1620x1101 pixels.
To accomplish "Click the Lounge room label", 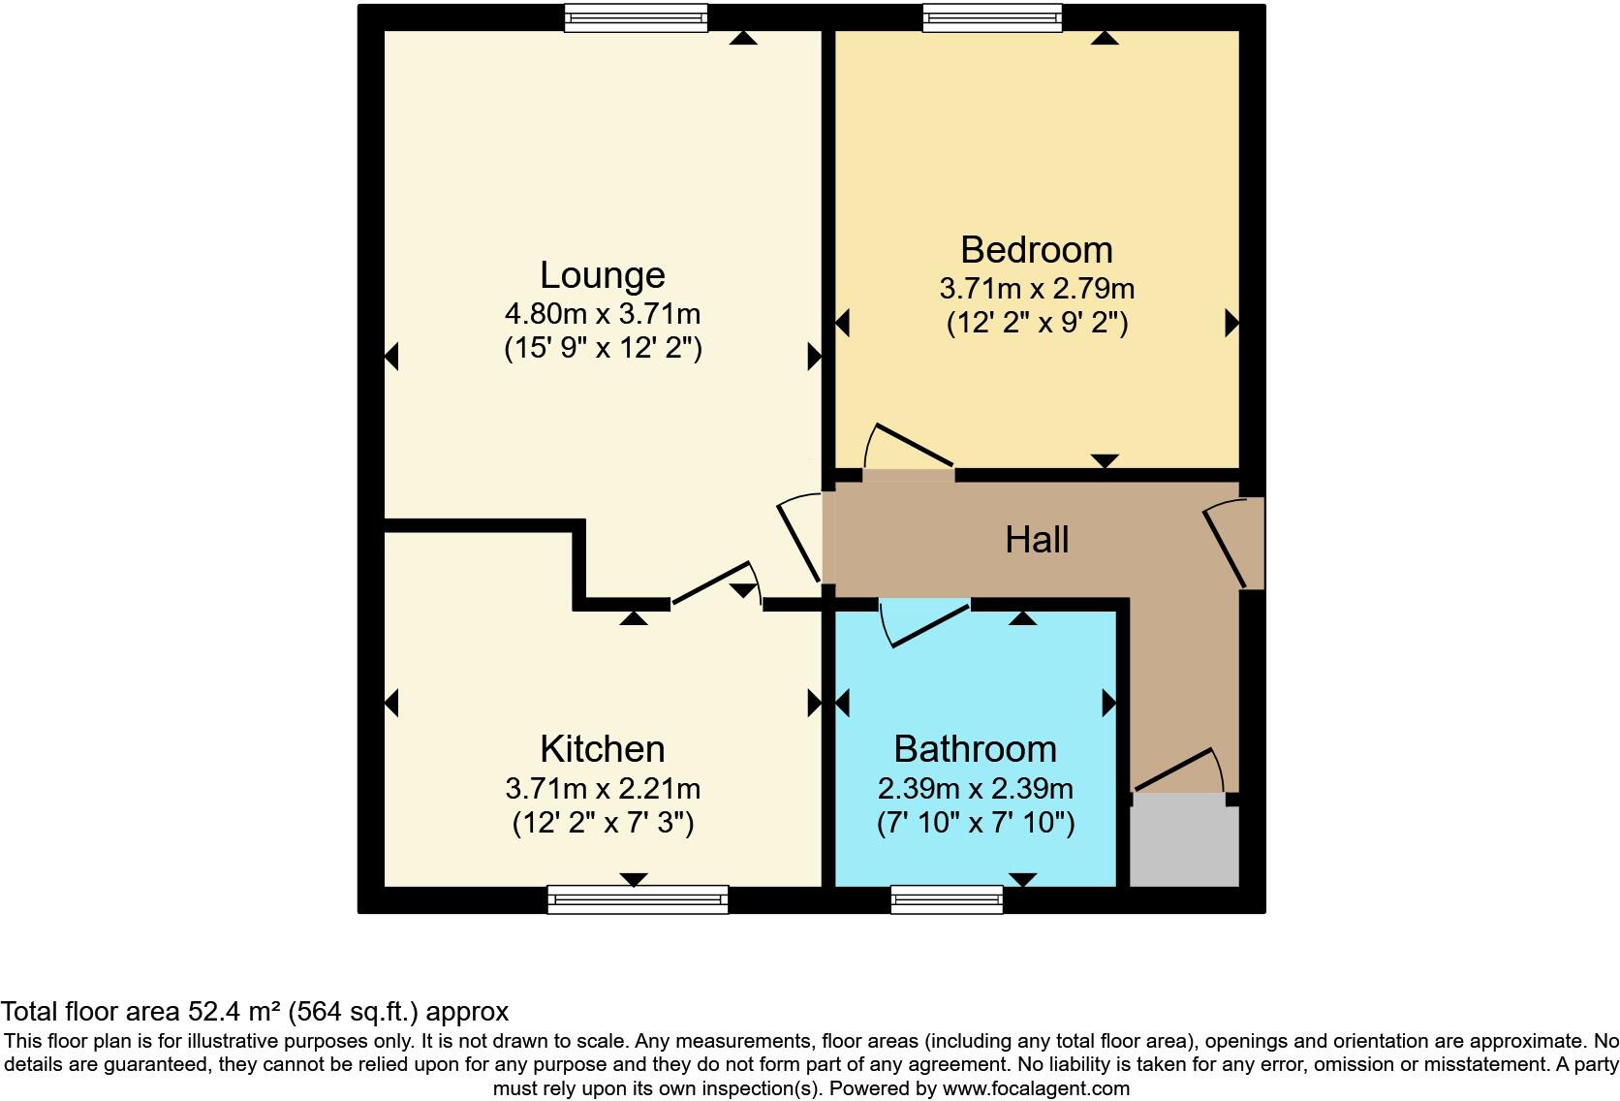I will (x=602, y=275).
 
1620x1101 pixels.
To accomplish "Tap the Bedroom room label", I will (x=1036, y=250).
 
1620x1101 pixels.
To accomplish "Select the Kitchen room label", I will (x=602, y=749).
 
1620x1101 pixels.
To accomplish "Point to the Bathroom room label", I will (x=975, y=749).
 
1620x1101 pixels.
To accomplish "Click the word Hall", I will (x=1036, y=540).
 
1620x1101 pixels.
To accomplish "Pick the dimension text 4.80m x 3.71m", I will (x=602, y=314).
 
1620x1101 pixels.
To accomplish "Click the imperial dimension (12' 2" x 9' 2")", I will (x=1037, y=322).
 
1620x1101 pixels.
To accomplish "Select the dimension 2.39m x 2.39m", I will (x=975, y=788).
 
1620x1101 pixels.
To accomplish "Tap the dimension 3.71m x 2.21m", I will (x=602, y=788).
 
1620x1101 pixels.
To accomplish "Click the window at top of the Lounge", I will (x=636, y=17).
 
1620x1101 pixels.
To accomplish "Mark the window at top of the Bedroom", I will (x=992, y=17).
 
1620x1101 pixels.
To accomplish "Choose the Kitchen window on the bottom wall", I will (x=638, y=899).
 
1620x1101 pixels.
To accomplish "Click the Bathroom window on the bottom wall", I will (x=947, y=899).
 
